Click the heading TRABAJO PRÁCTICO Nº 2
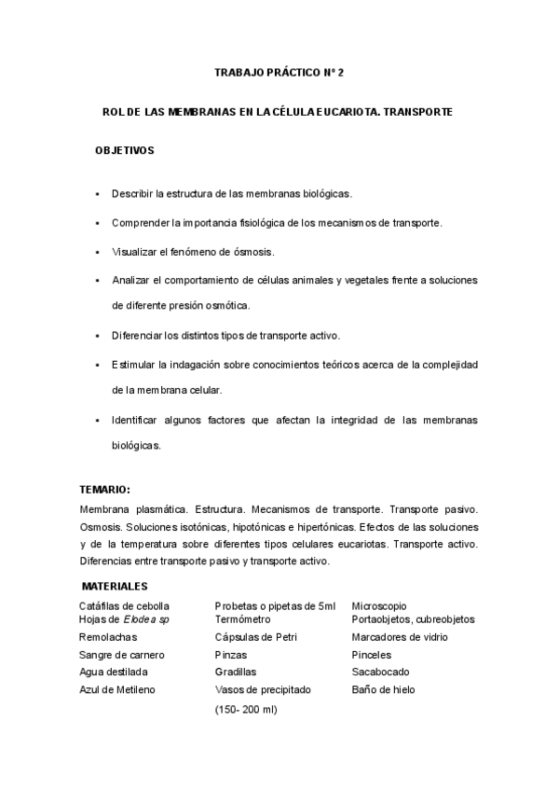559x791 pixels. coord(279,72)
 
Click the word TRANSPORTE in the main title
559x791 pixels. coord(416,112)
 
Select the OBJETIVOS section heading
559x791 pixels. coord(125,150)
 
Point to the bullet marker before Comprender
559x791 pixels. coord(97,224)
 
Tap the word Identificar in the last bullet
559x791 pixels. coord(137,420)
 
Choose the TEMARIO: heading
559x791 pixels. coord(104,490)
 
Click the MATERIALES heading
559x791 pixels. coord(115,587)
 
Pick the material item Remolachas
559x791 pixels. coord(108,637)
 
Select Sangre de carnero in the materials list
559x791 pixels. coord(120,655)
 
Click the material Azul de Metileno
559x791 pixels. coord(117,690)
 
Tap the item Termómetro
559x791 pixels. coord(242,619)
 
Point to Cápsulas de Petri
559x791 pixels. coord(253,637)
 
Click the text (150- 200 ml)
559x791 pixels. coord(246,709)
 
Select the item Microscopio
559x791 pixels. coord(378,606)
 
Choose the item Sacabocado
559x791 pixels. coord(380,672)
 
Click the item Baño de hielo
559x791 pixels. coord(383,690)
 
